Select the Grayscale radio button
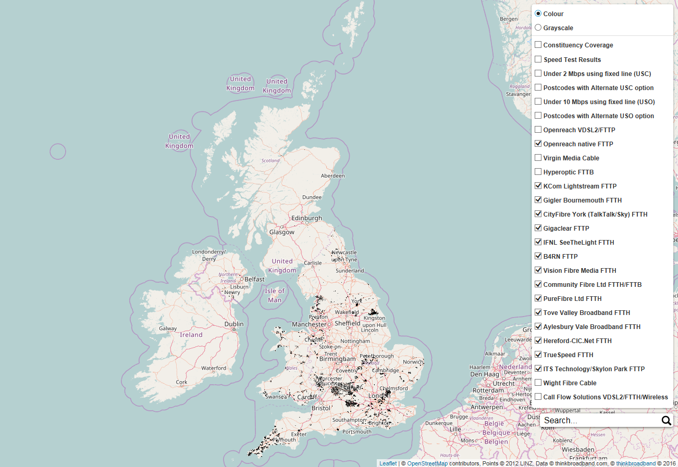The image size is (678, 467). (538, 28)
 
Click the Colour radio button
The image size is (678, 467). (538, 14)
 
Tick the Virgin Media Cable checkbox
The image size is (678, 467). (538, 158)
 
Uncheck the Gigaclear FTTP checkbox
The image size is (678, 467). (538, 228)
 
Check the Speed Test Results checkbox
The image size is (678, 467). (538, 59)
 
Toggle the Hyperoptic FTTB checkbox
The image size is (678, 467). (538, 172)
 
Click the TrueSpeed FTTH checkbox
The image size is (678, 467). (538, 355)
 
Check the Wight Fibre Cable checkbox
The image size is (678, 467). (538, 383)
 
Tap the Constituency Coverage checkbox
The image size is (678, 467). (538, 45)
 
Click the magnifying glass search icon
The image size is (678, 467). (666, 421)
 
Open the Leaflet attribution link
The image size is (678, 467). (388, 463)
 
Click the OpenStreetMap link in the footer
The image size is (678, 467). (427, 463)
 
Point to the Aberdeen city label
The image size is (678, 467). (333, 176)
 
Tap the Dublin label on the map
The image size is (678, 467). (234, 324)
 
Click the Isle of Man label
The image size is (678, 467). (275, 295)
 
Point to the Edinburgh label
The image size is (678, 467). (306, 218)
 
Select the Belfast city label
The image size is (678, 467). (255, 279)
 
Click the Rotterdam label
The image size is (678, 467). (488, 390)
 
